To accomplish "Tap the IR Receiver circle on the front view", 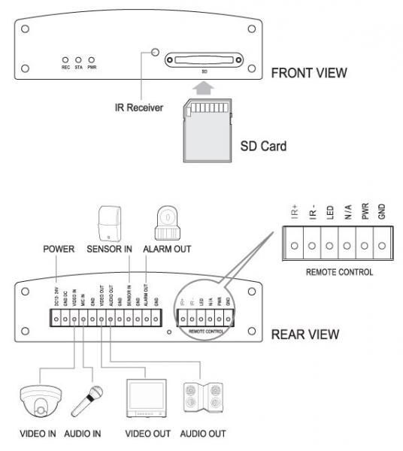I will [x=156, y=53].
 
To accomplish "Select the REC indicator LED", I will [x=65, y=59].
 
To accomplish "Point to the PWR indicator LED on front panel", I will [x=92, y=59].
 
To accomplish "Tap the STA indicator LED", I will [x=78, y=59].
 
